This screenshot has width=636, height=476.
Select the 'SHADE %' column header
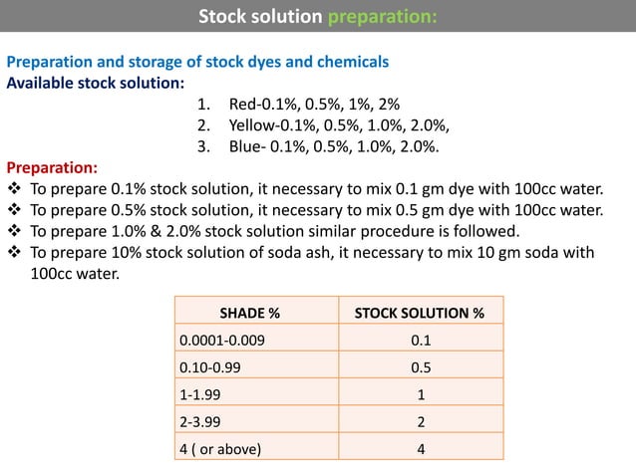[256, 314]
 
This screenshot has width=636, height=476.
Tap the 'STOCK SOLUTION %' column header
[420, 314]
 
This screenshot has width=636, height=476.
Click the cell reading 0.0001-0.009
[222, 341]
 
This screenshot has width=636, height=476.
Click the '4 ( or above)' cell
[220, 448]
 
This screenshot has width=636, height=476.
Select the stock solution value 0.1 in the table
[421, 341]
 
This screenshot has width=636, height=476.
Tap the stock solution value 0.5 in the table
[421, 367]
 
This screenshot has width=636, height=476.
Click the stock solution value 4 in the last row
[421, 448]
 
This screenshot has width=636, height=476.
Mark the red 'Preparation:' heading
[53, 166]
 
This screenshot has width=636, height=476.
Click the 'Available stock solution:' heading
[95, 83]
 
